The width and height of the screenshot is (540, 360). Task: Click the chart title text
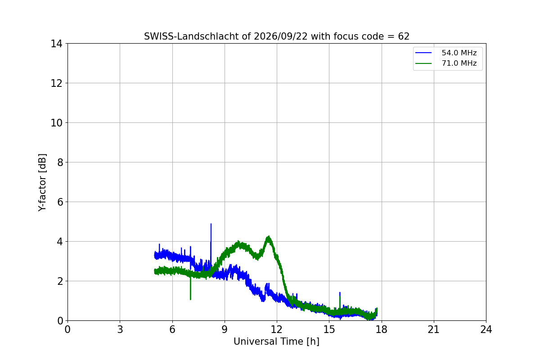[276, 36]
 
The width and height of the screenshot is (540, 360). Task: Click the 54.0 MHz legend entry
[446, 53]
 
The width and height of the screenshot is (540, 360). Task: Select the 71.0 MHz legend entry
[446, 63]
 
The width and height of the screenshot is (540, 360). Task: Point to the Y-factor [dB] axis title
[42, 183]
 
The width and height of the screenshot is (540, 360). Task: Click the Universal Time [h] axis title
[276, 342]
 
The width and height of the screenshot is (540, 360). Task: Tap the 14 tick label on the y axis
[56, 44]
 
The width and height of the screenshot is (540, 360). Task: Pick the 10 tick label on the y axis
[56, 123]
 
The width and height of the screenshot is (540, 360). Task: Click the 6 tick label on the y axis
[60, 202]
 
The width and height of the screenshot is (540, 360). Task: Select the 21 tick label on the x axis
[434, 329]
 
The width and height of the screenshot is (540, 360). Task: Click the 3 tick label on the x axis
[120, 329]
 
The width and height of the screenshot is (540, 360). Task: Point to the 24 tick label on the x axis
[486, 329]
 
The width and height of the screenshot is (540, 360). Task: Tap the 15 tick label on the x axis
[329, 329]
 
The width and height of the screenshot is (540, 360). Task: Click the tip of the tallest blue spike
[211, 224]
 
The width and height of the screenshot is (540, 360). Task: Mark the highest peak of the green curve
[269, 237]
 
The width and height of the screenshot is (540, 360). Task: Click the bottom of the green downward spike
[190, 300]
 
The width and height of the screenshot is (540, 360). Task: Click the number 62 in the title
[404, 36]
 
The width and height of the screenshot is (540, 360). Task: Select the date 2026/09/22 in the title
[281, 36]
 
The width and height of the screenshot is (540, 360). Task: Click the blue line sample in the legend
[423, 53]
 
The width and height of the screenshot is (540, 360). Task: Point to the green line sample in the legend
[423, 63]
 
